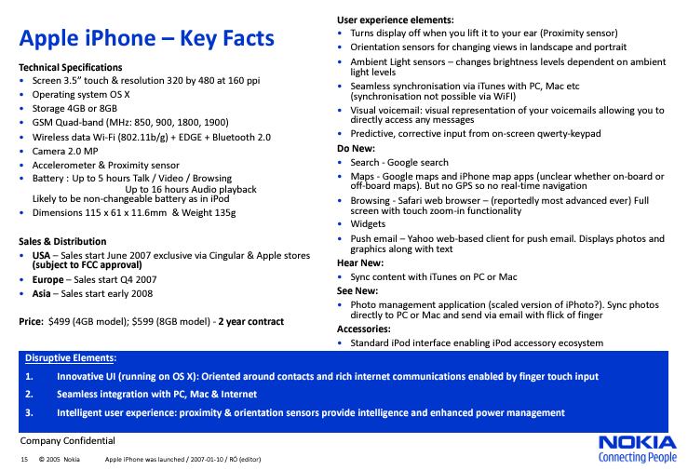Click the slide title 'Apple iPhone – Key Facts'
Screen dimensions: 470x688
pos(147,38)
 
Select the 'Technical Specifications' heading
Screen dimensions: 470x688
pos(71,67)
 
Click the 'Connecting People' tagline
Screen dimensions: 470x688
pos(638,457)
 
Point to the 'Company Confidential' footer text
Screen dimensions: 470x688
pos(68,440)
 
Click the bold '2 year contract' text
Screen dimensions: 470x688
pos(251,322)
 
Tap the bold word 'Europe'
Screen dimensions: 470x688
pos(47,279)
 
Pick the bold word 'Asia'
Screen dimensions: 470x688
pos(41,293)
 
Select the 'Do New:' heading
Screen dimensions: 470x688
pos(356,148)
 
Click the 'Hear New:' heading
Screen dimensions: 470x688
pos(359,263)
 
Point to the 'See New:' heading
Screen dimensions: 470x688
pos(357,290)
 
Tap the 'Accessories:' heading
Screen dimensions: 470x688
pos(364,329)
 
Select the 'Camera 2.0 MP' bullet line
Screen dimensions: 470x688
pos(65,151)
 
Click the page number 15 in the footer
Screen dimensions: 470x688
pos(23,461)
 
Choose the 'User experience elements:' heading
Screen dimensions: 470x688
pos(396,20)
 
